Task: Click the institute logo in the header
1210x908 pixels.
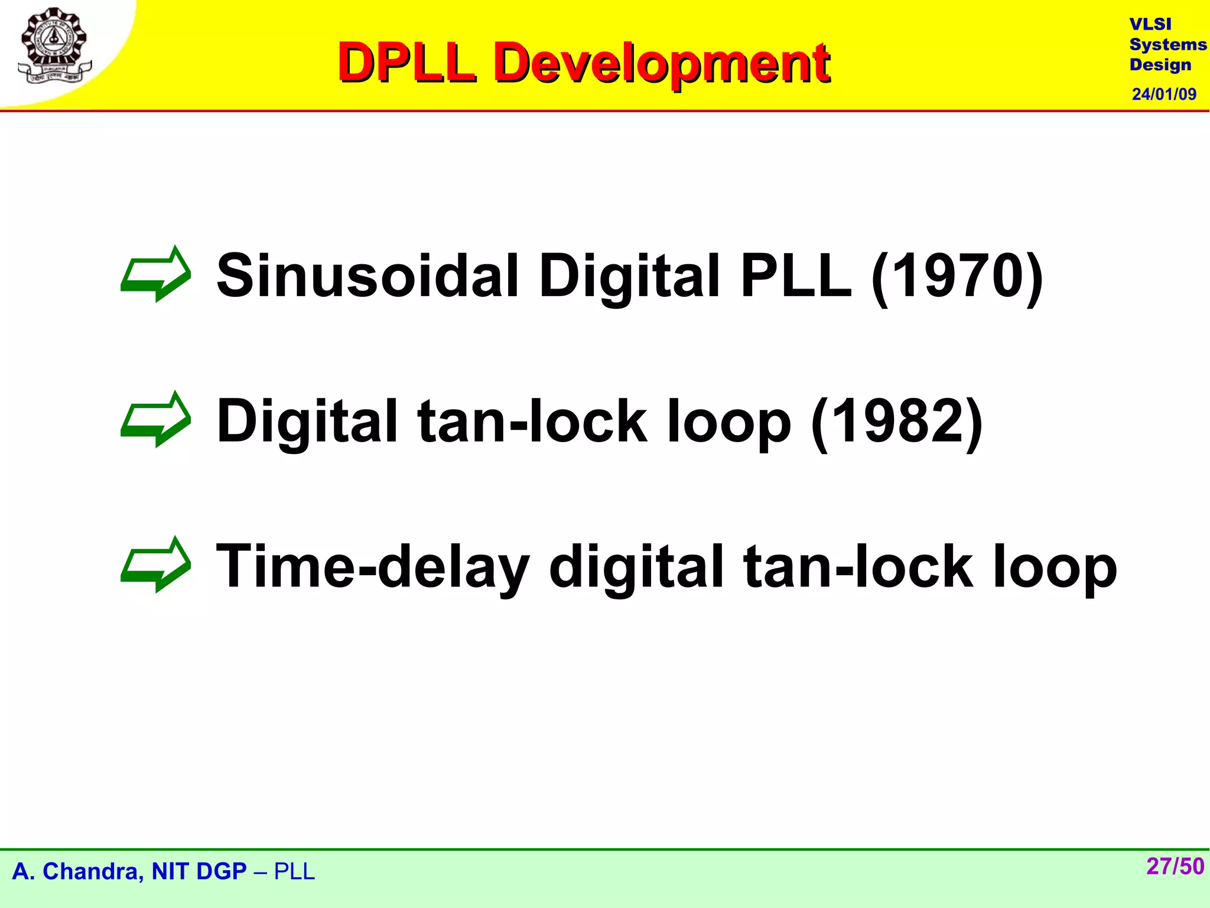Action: pyautogui.click(x=54, y=46)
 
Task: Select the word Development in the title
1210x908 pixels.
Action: pyautogui.click(x=662, y=64)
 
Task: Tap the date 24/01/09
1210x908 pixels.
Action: pyautogui.click(x=1164, y=94)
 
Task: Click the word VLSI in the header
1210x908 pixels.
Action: pyautogui.click(x=1150, y=24)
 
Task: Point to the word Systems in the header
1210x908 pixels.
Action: pyautogui.click(x=1167, y=45)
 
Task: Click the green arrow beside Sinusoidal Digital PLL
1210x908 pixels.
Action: pyautogui.click(x=155, y=274)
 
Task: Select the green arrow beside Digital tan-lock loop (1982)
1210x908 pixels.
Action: pyautogui.click(x=155, y=419)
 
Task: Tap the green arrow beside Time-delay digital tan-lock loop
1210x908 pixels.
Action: pyautogui.click(x=155, y=565)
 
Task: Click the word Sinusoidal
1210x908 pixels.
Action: pyautogui.click(x=367, y=275)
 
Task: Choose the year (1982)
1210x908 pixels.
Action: pyautogui.click(x=896, y=421)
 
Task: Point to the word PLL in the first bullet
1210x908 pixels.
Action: pyautogui.click(x=795, y=275)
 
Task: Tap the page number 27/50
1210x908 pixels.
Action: pyautogui.click(x=1175, y=867)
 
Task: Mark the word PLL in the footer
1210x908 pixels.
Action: pyautogui.click(x=294, y=871)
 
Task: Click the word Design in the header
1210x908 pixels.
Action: pyautogui.click(x=1160, y=65)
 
